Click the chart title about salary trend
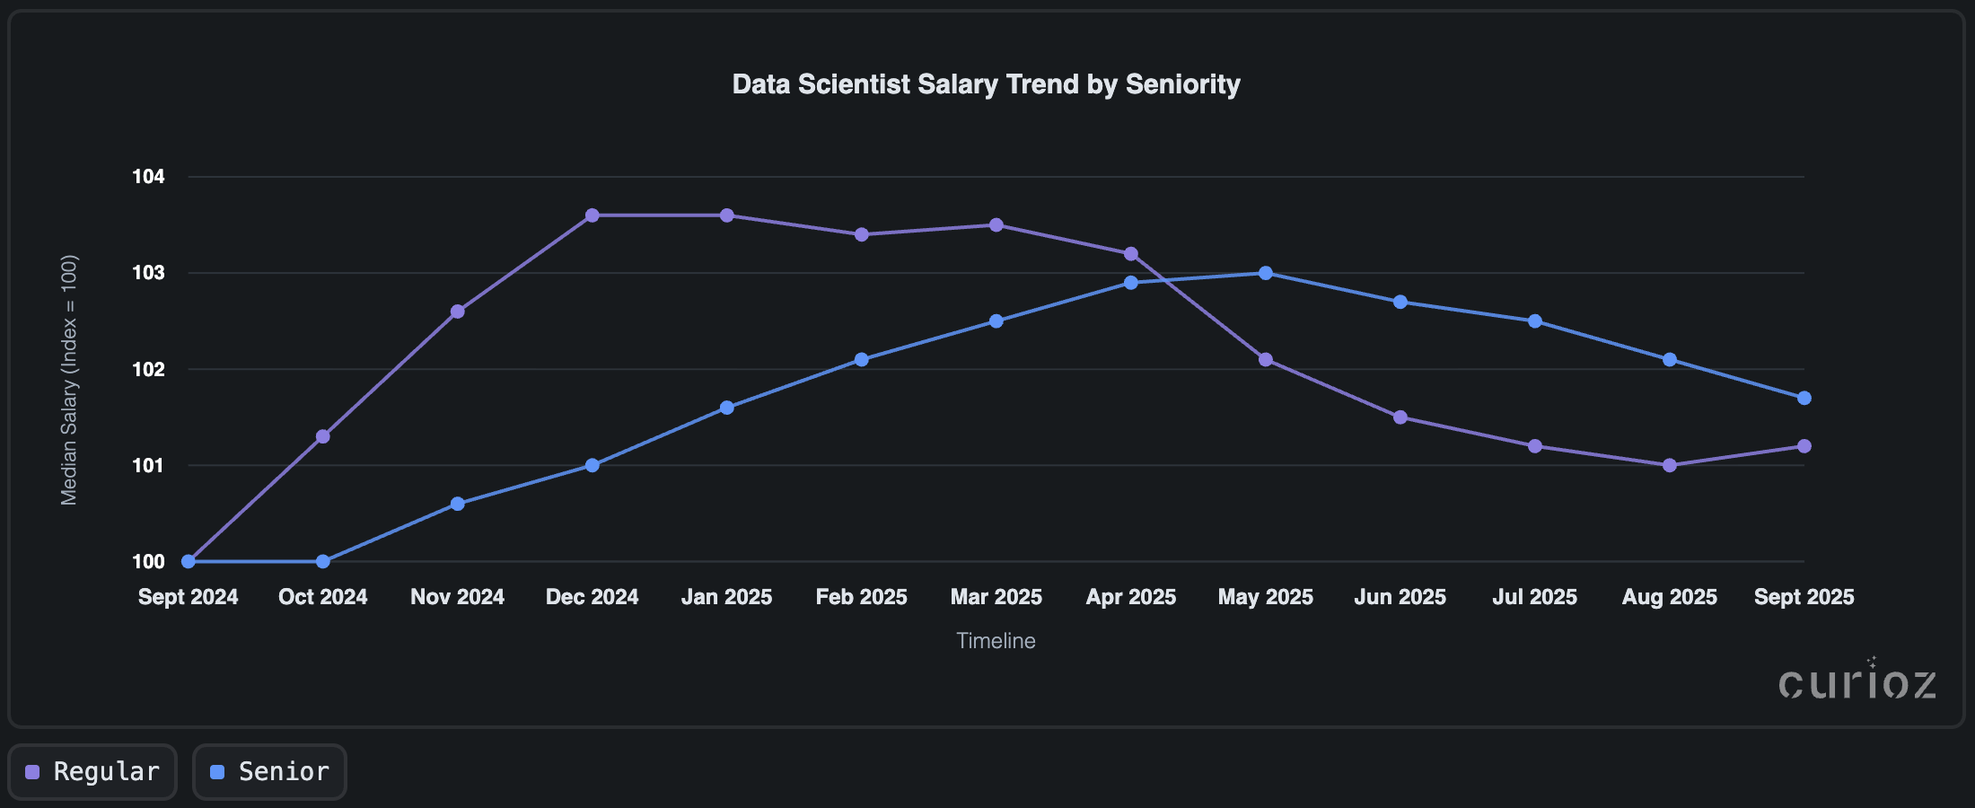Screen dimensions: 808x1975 click(x=986, y=84)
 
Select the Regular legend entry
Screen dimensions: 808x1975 click(x=93, y=771)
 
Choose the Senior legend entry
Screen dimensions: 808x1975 click(x=270, y=771)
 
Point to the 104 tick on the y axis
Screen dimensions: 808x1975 click(x=148, y=177)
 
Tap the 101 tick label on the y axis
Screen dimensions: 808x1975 click(x=148, y=465)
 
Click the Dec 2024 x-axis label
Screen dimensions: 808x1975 click(x=592, y=597)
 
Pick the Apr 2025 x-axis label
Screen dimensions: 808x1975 click(x=1130, y=597)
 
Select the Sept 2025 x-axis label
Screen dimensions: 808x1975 click(x=1804, y=597)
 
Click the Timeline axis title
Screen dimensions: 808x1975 click(x=996, y=641)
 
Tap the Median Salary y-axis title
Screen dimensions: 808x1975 click(x=69, y=381)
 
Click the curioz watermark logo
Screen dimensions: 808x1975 click(x=1856, y=682)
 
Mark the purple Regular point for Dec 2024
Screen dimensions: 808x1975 click(x=592, y=215)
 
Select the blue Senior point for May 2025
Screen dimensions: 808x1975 click(x=1266, y=273)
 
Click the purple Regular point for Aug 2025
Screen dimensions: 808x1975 click(x=1670, y=465)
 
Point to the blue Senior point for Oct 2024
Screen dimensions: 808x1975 click(x=323, y=561)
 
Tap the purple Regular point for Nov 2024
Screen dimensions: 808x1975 click(x=458, y=312)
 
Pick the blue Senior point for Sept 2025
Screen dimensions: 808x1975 click(x=1804, y=398)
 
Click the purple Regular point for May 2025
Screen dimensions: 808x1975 click(x=1266, y=359)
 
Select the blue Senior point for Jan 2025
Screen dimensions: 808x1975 click(x=727, y=408)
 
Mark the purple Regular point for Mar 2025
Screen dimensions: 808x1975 click(x=996, y=225)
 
